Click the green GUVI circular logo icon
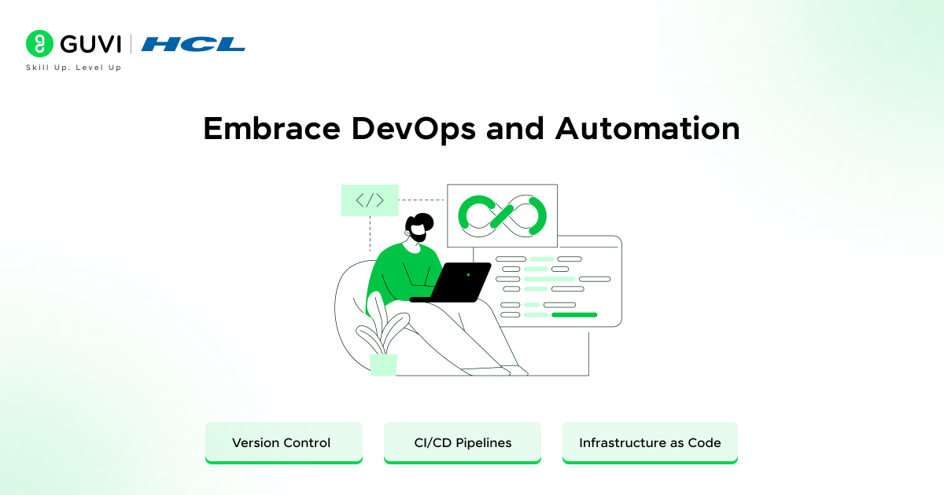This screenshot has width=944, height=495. click(39, 44)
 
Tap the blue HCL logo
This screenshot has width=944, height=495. click(194, 44)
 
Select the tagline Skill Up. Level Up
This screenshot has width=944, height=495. click(74, 68)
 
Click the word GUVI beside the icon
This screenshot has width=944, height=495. click(88, 44)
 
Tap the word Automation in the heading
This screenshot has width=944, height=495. click(647, 129)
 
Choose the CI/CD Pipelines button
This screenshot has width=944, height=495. click(463, 442)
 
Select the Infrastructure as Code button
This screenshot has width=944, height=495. click(650, 442)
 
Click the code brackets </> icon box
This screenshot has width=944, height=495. click(370, 200)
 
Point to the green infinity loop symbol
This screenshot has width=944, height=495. click(503, 214)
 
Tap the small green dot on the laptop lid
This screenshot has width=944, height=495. click(468, 275)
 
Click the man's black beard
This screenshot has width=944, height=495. click(418, 235)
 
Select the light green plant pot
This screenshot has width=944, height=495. click(384, 365)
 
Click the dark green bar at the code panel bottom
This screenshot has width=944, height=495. click(574, 314)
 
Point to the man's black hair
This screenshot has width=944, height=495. click(422, 220)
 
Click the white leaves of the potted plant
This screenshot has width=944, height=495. click(385, 326)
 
